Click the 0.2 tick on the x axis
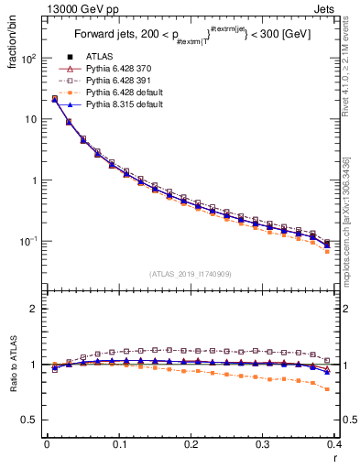(191, 443)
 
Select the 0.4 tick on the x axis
(334, 443)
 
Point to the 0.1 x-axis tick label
(119, 443)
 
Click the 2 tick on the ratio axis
(33, 309)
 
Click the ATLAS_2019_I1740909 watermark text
(191, 274)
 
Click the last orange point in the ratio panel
(327, 389)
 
